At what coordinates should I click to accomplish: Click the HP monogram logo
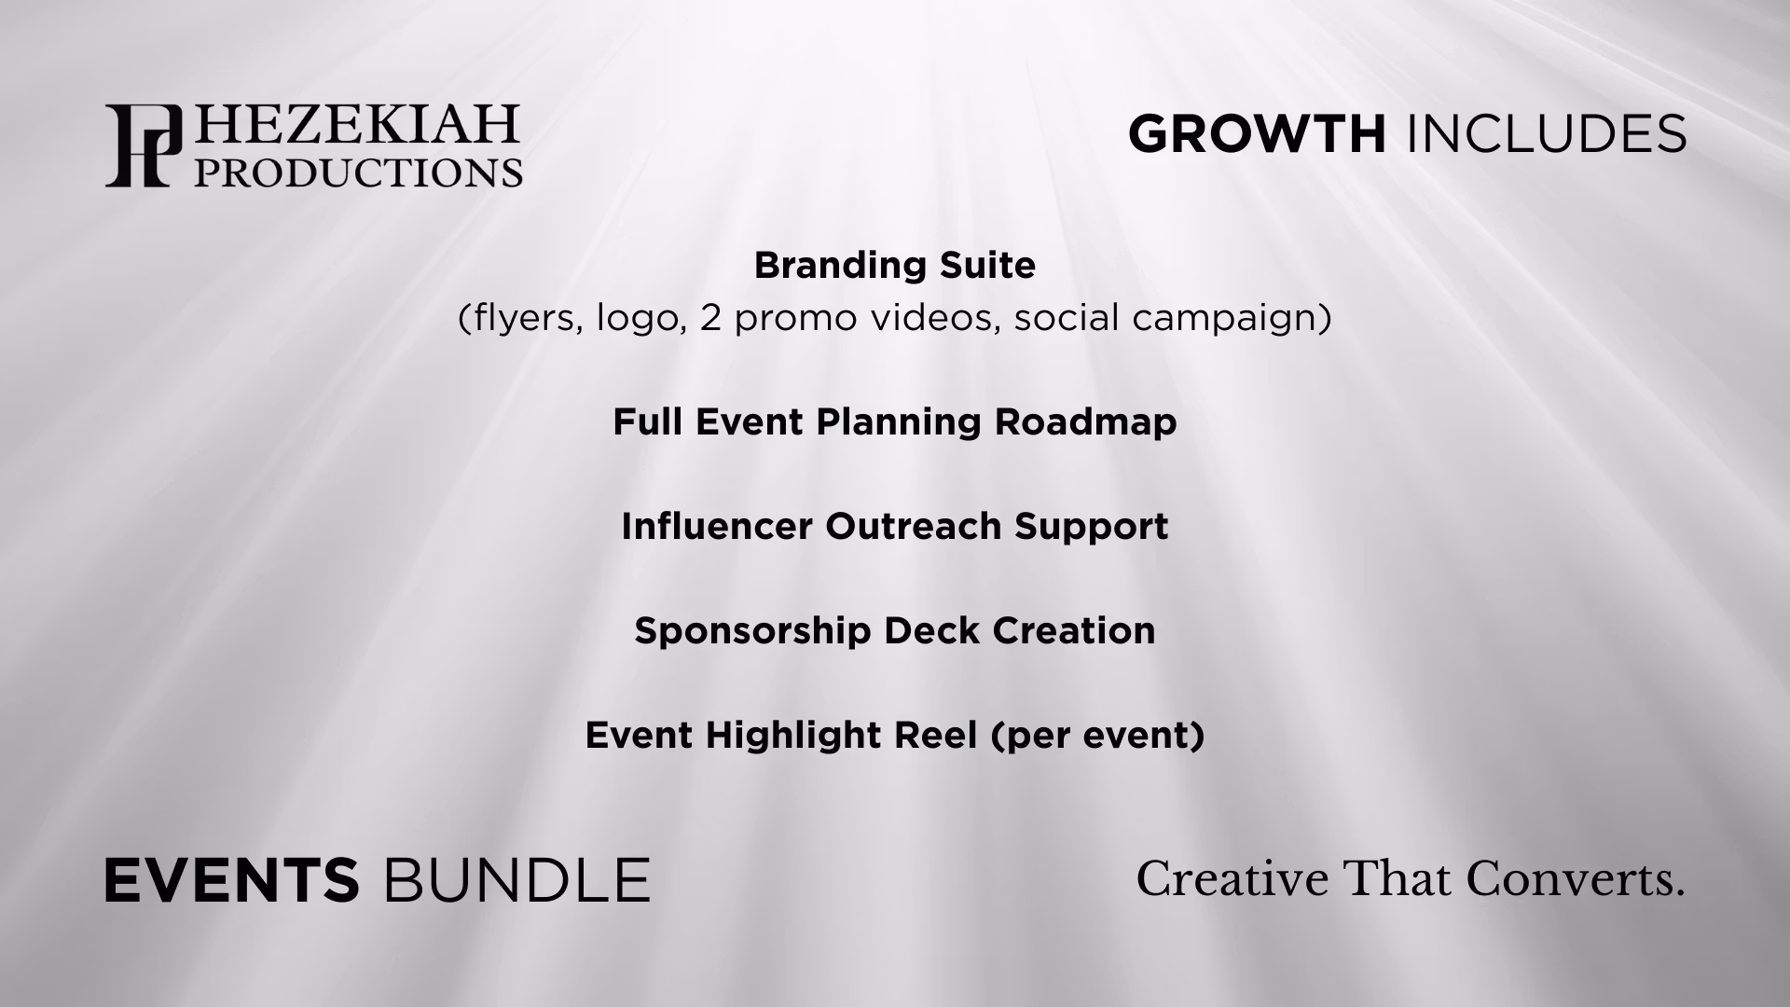pyautogui.click(x=144, y=145)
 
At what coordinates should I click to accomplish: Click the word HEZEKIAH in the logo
pyautogui.click(x=356, y=125)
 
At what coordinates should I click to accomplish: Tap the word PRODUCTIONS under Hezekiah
pyautogui.click(x=359, y=172)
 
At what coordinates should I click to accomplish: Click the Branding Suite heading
pyautogui.click(x=895, y=266)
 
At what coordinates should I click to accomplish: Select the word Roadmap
pyautogui.click(x=1086, y=422)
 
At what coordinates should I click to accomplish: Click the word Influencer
pyautogui.click(x=717, y=527)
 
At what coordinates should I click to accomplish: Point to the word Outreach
pyautogui.click(x=915, y=527)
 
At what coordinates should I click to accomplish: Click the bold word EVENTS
pyautogui.click(x=231, y=880)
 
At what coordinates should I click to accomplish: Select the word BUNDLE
pyautogui.click(x=516, y=880)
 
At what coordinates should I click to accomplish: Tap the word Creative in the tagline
pyautogui.click(x=1232, y=879)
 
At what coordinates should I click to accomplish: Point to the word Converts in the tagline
pyautogui.click(x=1576, y=880)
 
